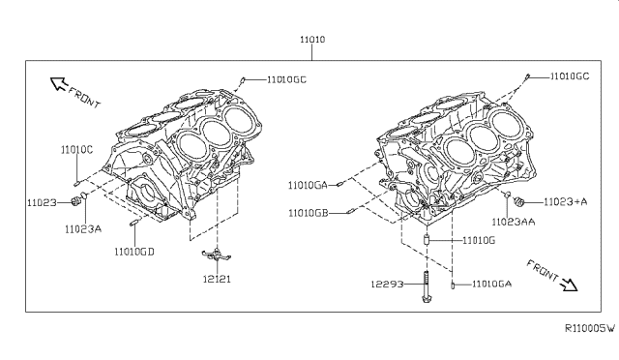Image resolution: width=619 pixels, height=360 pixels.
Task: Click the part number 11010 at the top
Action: tap(312, 40)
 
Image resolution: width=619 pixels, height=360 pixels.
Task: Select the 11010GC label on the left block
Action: tap(286, 79)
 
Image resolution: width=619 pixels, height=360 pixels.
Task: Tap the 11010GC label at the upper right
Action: tap(570, 76)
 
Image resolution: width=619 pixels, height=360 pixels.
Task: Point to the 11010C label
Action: tap(76, 150)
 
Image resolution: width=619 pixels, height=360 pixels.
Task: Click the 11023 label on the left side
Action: tap(42, 202)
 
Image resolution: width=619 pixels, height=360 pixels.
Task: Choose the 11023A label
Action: tap(83, 229)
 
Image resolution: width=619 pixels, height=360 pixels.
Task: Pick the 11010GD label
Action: tap(134, 252)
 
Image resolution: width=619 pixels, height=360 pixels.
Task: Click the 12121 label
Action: tap(217, 279)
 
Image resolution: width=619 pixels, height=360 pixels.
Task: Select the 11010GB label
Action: tap(309, 214)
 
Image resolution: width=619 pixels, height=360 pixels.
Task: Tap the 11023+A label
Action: tap(565, 202)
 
